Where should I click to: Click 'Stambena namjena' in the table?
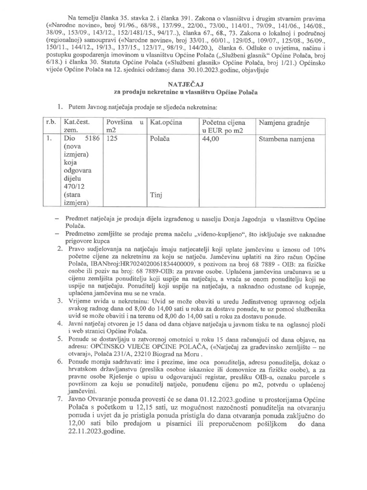coord(287,140)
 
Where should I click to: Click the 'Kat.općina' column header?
coord(166,123)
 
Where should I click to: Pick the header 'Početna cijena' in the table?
coord(224,123)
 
